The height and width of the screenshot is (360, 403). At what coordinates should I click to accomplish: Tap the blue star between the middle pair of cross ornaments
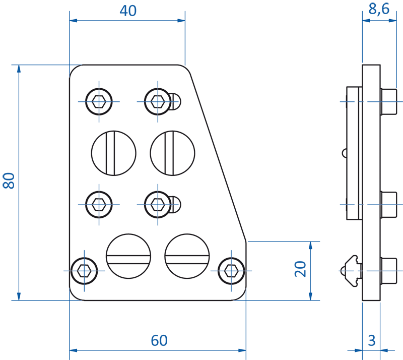point(128,203)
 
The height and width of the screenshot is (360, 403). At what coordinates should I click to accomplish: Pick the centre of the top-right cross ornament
point(158,101)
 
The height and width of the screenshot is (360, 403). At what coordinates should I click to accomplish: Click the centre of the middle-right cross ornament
point(158,204)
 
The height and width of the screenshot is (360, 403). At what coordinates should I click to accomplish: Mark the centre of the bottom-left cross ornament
point(84,271)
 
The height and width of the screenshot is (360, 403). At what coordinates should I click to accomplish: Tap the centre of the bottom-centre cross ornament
point(231,271)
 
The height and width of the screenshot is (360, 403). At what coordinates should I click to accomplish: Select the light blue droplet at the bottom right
point(371,337)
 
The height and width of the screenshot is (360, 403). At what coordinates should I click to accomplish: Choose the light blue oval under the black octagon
point(159,333)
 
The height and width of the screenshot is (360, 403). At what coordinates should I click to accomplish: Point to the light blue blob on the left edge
point(7,179)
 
